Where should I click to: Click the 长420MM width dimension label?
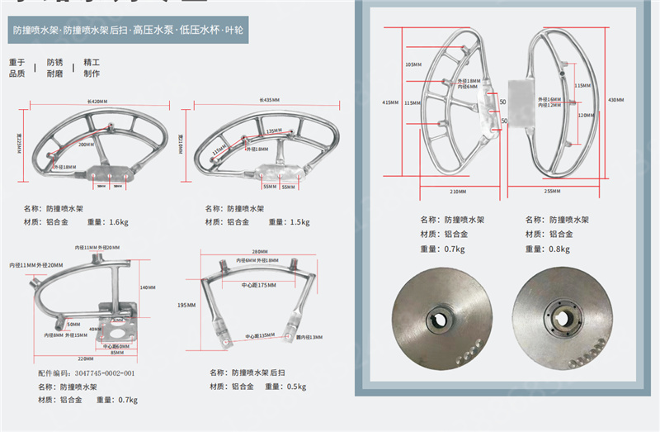point(97,101)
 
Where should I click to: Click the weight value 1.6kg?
point(119,222)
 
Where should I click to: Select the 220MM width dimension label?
point(78,358)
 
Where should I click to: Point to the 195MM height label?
point(186,306)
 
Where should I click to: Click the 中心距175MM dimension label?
point(257,286)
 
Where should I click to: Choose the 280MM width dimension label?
point(262,252)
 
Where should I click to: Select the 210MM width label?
point(459,192)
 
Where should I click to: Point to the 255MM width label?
point(553,192)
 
